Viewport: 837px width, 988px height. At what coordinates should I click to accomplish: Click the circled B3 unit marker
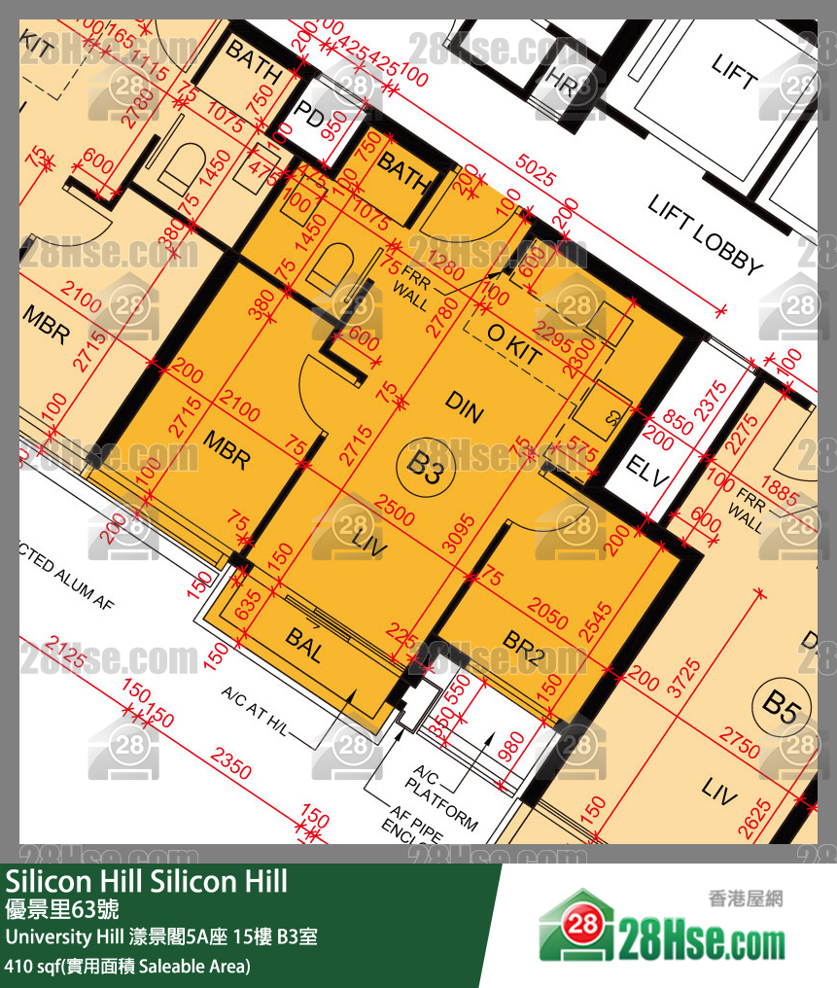(425, 467)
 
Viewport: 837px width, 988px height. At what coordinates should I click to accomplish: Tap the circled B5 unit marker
(781, 703)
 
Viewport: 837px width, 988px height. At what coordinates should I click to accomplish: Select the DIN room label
(465, 406)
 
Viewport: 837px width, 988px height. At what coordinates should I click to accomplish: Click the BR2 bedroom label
(524, 647)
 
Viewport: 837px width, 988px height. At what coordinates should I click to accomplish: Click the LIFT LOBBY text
(705, 234)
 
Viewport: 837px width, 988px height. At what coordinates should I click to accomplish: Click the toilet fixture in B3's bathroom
(330, 266)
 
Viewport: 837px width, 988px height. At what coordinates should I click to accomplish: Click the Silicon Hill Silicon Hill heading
(147, 882)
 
